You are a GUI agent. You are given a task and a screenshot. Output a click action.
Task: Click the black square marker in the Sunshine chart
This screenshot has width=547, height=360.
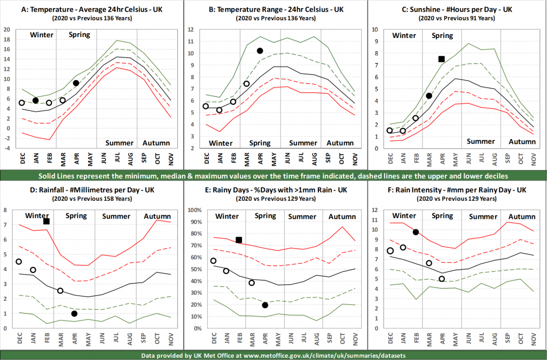coord(442,59)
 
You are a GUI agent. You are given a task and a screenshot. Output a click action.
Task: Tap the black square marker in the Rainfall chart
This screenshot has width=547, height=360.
coord(46,222)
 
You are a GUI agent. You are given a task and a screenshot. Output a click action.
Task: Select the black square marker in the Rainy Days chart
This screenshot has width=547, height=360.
coord(239,240)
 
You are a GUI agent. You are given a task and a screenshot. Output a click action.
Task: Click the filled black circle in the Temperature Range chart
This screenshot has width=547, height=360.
coord(260,51)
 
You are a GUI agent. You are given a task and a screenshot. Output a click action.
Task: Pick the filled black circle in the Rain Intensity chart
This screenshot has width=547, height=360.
coord(416,232)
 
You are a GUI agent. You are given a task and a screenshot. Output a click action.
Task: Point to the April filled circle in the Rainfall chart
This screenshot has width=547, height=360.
coord(74,314)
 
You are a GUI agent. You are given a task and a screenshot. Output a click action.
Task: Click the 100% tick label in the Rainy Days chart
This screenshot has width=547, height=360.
coord(194,210)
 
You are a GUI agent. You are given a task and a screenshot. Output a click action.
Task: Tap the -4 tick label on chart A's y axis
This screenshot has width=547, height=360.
coord(7,148)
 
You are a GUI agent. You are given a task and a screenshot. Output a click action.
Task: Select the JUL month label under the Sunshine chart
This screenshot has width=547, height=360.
coord(482,159)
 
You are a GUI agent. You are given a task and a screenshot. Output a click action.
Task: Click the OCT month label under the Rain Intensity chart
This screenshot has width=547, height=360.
coord(521,339)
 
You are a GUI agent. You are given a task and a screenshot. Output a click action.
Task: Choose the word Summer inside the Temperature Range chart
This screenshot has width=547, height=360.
coord(303,143)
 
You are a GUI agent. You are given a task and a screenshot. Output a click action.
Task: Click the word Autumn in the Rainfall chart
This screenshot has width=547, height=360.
coord(158,216)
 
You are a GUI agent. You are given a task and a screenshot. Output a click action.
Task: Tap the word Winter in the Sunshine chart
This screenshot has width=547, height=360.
coord(404,35)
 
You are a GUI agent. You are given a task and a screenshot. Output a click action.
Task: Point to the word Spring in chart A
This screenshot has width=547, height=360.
coord(80,35)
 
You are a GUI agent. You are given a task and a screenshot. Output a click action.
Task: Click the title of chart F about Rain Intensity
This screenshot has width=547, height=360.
coord(457,190)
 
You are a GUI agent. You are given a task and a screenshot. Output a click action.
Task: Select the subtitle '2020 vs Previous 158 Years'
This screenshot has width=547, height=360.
coord(92,199)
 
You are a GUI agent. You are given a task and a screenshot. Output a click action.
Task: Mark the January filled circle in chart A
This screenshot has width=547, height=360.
coord(36,100)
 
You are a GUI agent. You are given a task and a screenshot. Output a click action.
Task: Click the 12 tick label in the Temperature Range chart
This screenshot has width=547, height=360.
coord(191,30)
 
